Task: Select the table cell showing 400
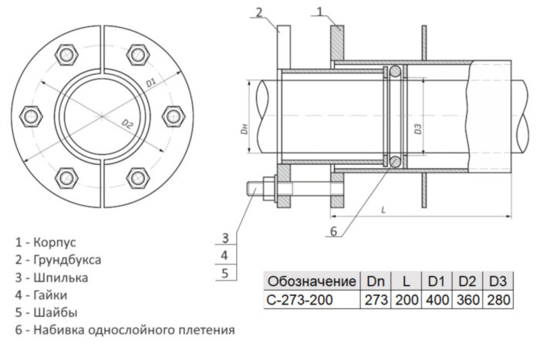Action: [x=437, y=299]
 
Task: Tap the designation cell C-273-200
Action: [x=300, y=299]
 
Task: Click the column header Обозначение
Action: [x=311, y=281]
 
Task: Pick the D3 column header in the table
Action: [x=498, y=281]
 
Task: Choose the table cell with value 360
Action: [x=467, y=299]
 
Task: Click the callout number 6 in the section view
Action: [x=333, y=230]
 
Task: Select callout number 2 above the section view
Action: [x=259, y=10]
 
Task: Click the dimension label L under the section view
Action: [x=383, y=208]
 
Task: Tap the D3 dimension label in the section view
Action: [x=417, y=130]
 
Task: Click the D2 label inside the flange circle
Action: [x=128, y=124]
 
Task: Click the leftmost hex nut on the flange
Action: [x=32, y=116]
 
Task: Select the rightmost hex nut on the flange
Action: [x=171, y=116]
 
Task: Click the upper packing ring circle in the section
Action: [x=394, y=72]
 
